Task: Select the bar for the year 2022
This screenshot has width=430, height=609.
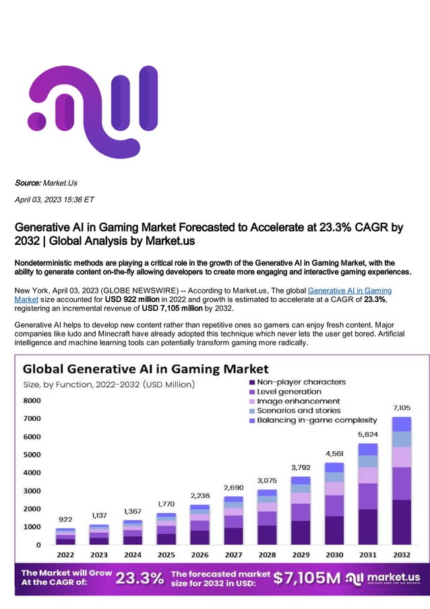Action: [x=65, y=536]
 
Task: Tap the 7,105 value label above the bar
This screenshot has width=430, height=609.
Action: [x=401, y=407]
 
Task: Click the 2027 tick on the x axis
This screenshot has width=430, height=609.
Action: [x=233, y=555]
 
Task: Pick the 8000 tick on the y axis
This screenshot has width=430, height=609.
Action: [x=32, y=400]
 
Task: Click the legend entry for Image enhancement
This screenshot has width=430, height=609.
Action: [x=293, y=401]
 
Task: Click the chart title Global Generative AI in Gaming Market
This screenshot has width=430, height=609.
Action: [x=146, y=369]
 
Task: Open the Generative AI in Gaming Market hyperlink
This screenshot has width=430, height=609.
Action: [x=349, y=290]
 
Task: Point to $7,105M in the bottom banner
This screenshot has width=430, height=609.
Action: [x=305, y=578]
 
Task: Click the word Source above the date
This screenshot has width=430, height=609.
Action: [x=28, y=183]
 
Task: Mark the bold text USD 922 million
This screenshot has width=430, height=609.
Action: [x=132, y=298]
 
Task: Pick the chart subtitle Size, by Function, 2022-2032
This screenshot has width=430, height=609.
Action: [x=109, y=384]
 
